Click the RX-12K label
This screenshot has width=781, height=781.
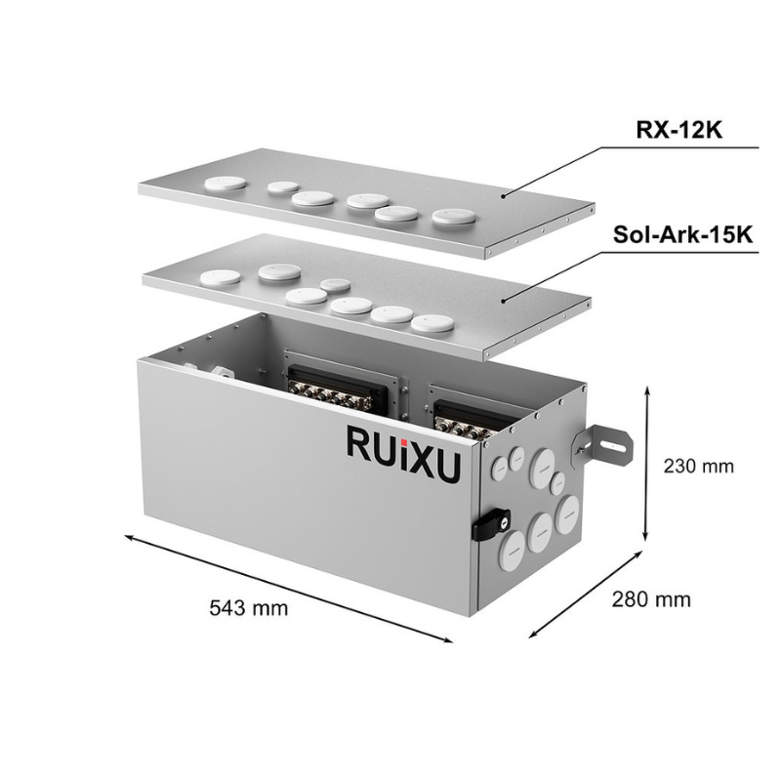tap(680, 131)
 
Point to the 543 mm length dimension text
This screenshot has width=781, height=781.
tap(249, 608)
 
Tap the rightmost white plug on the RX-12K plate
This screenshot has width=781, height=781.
tap(453, 217)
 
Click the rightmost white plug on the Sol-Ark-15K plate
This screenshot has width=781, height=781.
tap(431, 322)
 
